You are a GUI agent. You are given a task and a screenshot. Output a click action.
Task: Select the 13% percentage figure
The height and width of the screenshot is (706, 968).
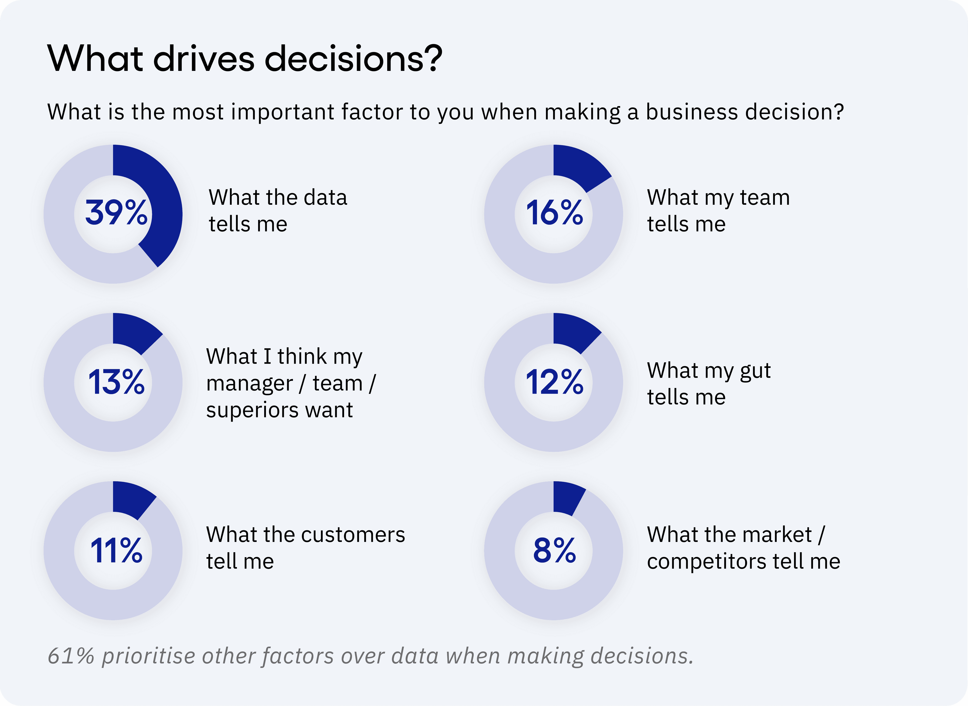pos(116,382)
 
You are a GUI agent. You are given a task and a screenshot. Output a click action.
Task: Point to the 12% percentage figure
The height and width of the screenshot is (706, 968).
pos(555,382)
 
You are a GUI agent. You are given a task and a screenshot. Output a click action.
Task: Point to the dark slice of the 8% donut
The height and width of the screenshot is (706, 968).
pos(566,498)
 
